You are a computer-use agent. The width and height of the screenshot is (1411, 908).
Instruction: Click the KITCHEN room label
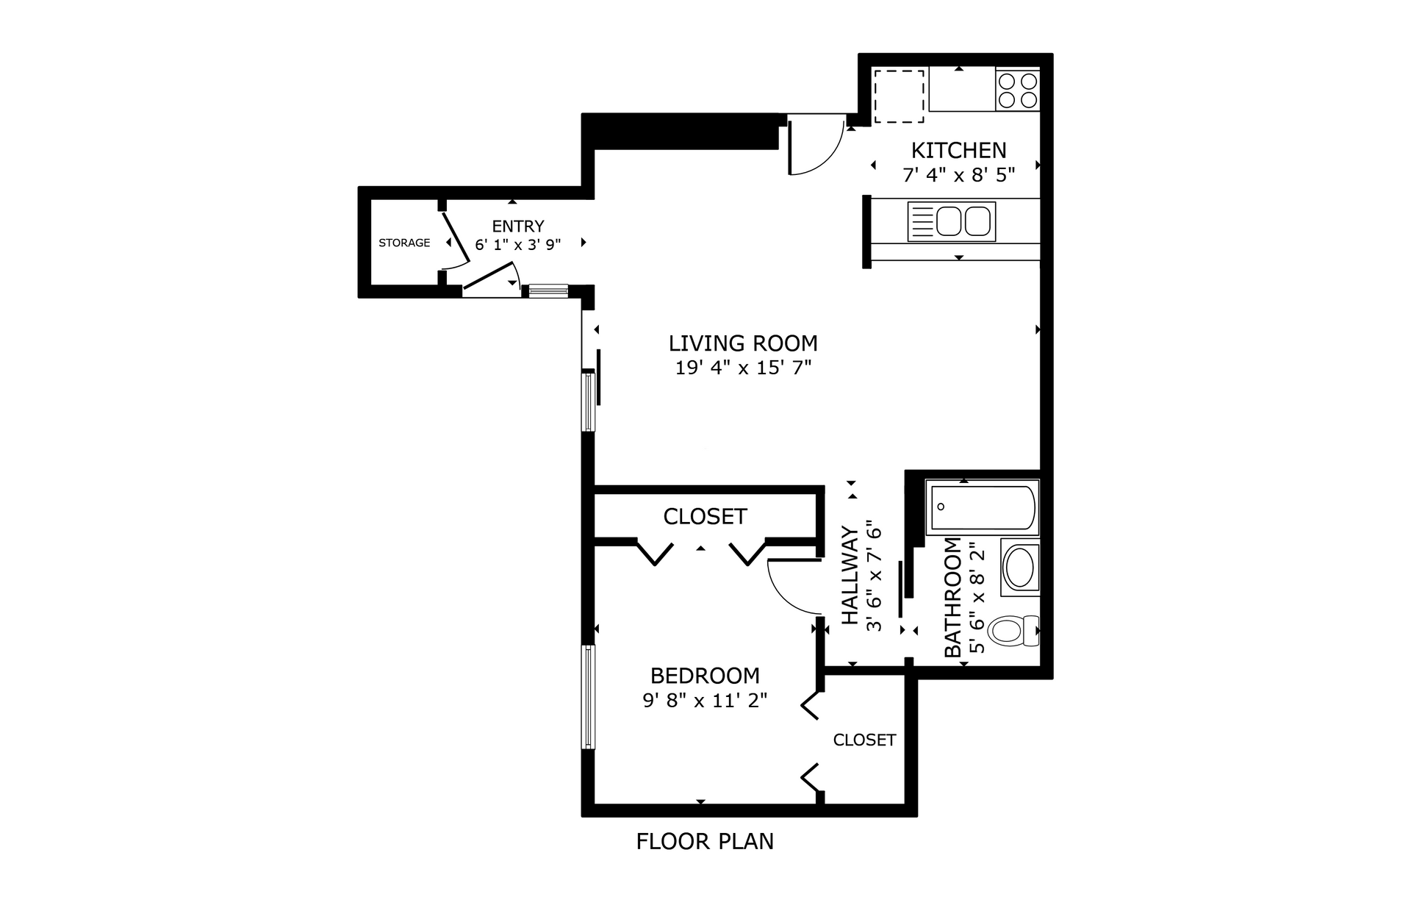[x=958, y=150]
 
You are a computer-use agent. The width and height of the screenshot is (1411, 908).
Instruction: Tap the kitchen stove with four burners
[x=1018, y=90]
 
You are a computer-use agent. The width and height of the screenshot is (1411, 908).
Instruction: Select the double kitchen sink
[x=952, y=221]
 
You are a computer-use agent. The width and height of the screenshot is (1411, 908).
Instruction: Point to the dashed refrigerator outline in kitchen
[x=898, y=96]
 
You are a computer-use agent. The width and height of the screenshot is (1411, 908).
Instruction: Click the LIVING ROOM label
[x=743, y=343]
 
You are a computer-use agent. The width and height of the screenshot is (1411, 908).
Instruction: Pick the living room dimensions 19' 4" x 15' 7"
[x=743, y=368]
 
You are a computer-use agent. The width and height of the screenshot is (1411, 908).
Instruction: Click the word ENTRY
[x=518, y=226]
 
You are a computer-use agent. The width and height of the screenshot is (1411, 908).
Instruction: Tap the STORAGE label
[x=404, y=243]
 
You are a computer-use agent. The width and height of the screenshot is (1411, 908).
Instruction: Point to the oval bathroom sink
[x=1019, y=568]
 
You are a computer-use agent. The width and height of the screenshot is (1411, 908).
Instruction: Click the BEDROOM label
[x=705, y=676]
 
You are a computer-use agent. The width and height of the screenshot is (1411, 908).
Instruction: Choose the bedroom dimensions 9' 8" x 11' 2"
[x=705, y=700]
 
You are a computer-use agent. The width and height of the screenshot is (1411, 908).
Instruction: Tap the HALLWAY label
[x=850, y=576]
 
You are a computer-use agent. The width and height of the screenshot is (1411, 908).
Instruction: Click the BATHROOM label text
[x=952, y=598]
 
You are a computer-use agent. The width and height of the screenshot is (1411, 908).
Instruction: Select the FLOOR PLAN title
[x=705, y=841]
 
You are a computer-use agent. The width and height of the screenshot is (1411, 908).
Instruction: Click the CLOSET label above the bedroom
[x=705, y=517]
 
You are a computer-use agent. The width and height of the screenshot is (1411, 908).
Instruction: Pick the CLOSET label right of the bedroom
[x=864, y=740]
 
